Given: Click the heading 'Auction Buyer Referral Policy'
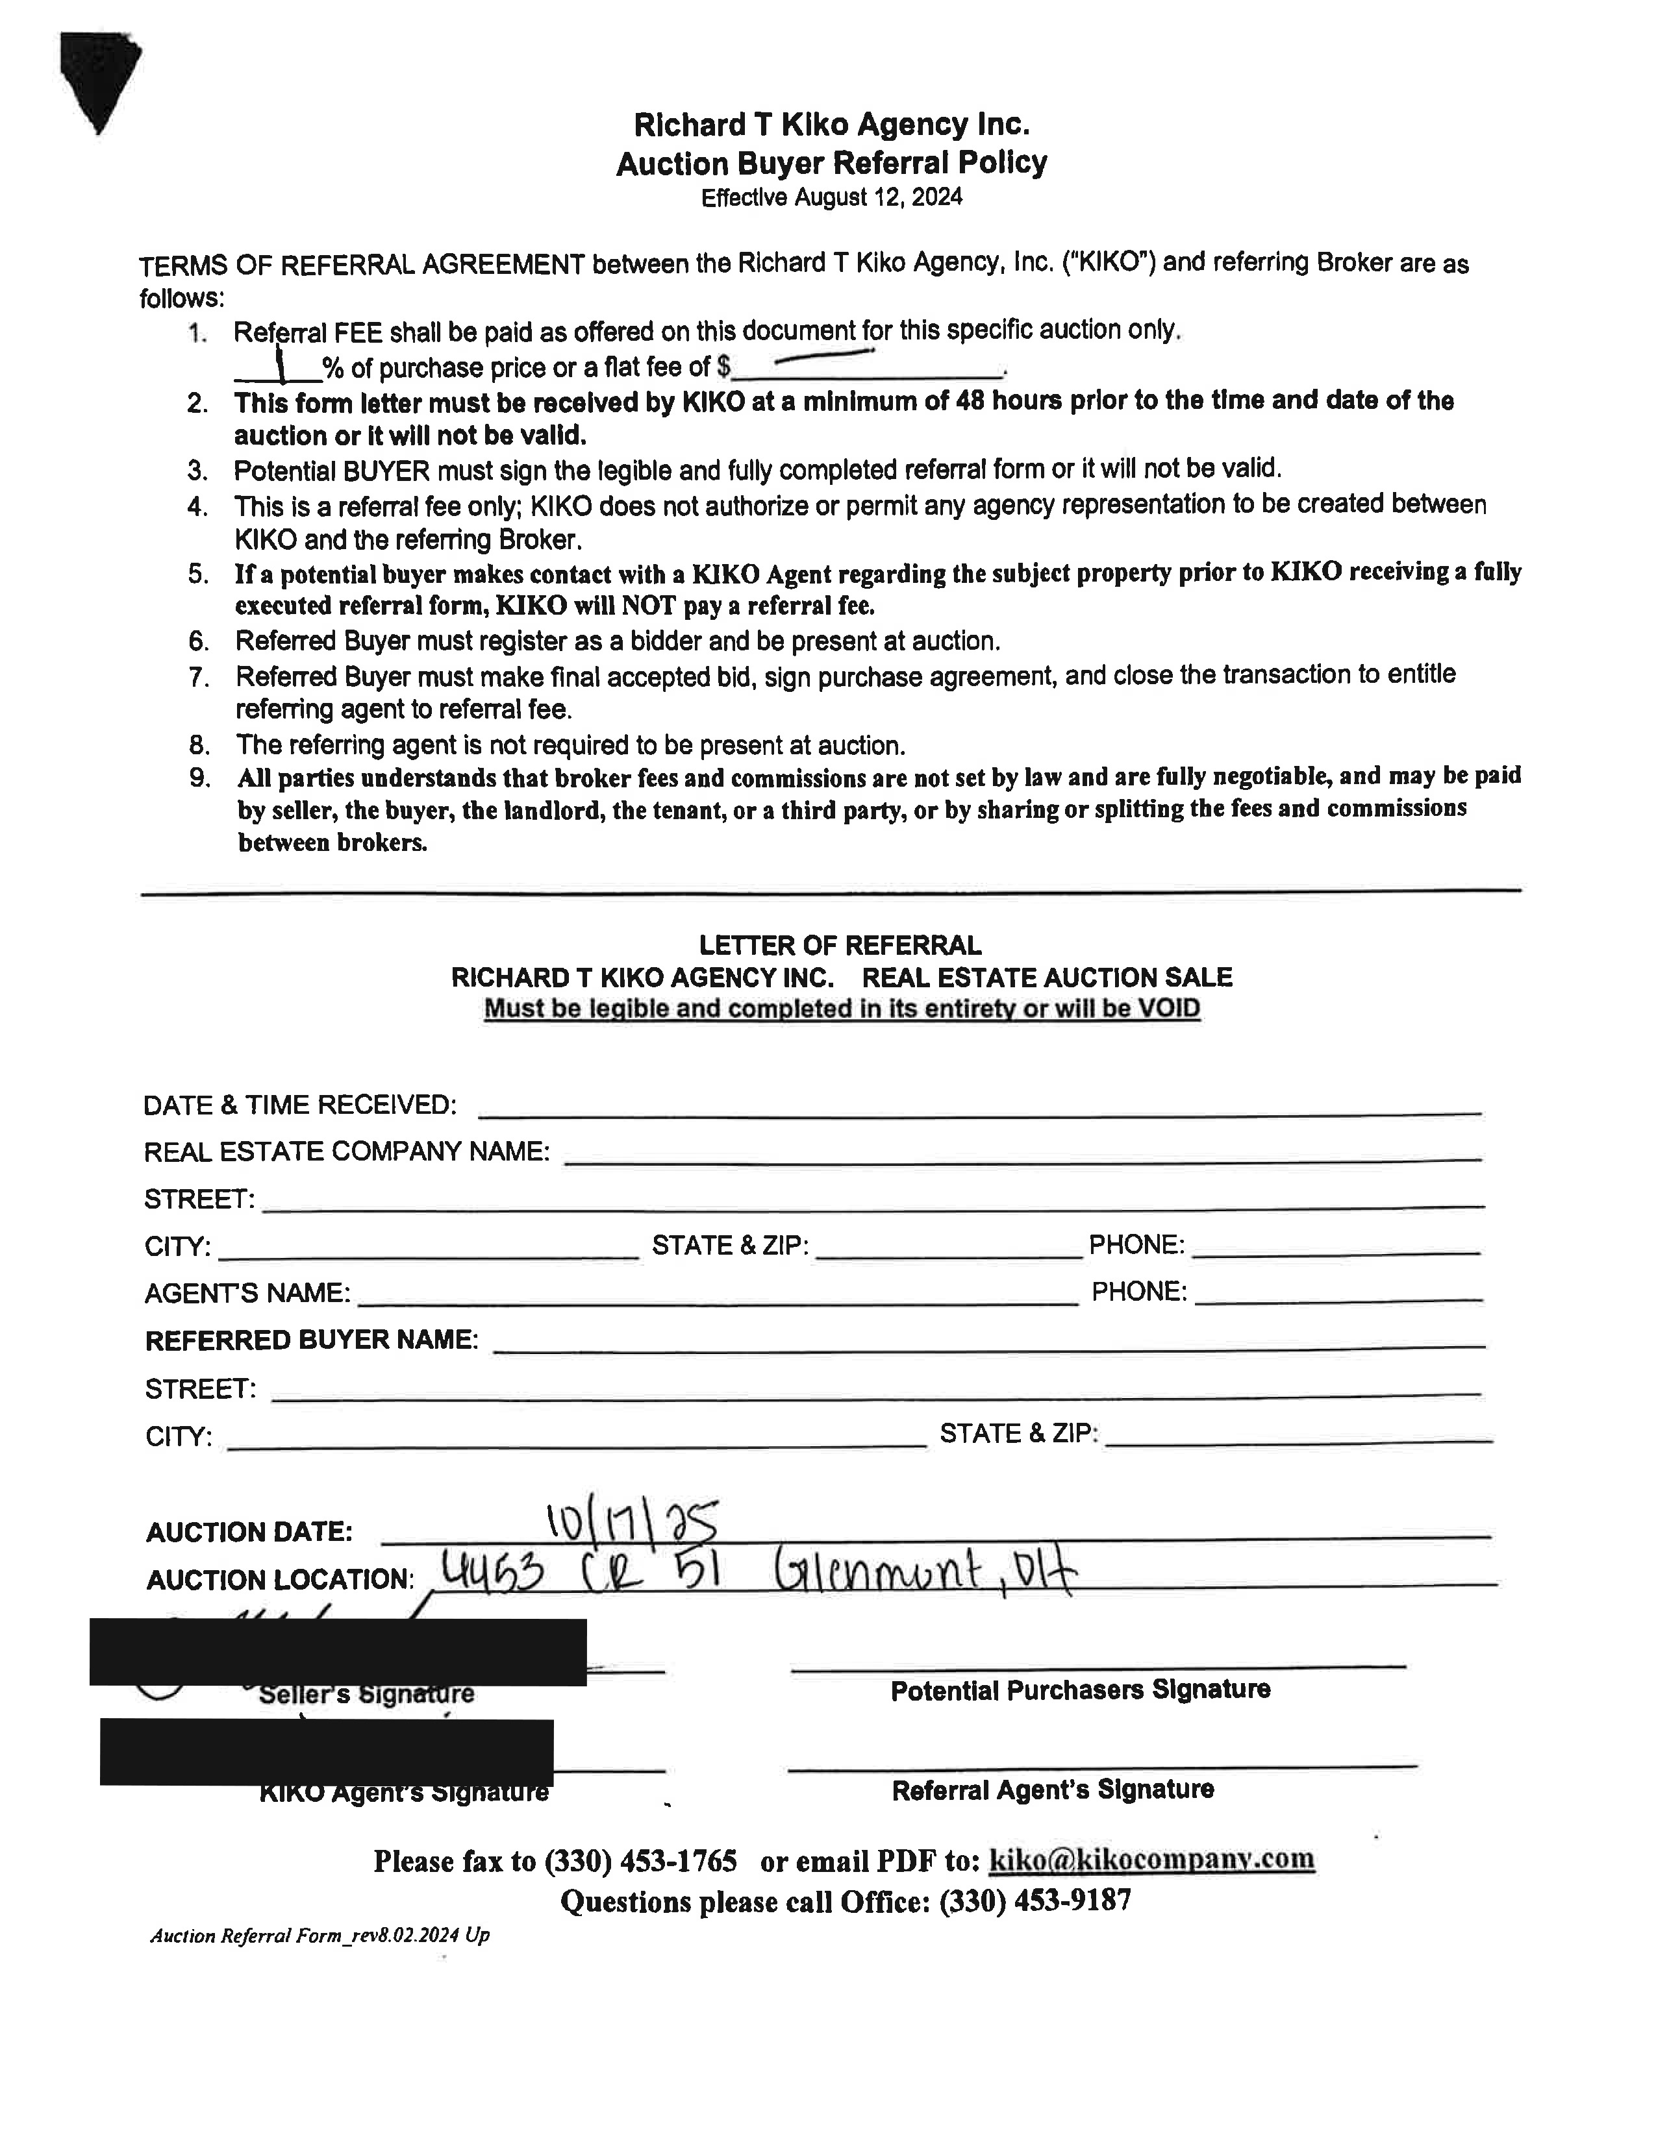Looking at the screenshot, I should pos(831,163).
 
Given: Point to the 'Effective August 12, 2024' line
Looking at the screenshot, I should pos(831,198).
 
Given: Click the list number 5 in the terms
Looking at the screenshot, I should pos(199,574).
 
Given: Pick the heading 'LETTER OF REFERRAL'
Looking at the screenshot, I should pos(839,946).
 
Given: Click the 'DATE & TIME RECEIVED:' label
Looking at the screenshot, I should pos(299,1105).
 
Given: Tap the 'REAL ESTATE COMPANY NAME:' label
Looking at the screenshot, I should pos(346,1151).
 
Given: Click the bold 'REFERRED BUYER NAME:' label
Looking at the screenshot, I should pos(311,1341).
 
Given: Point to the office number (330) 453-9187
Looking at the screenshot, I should pos(1035,1902).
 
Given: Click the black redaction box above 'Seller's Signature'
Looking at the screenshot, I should pos(338,1653).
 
